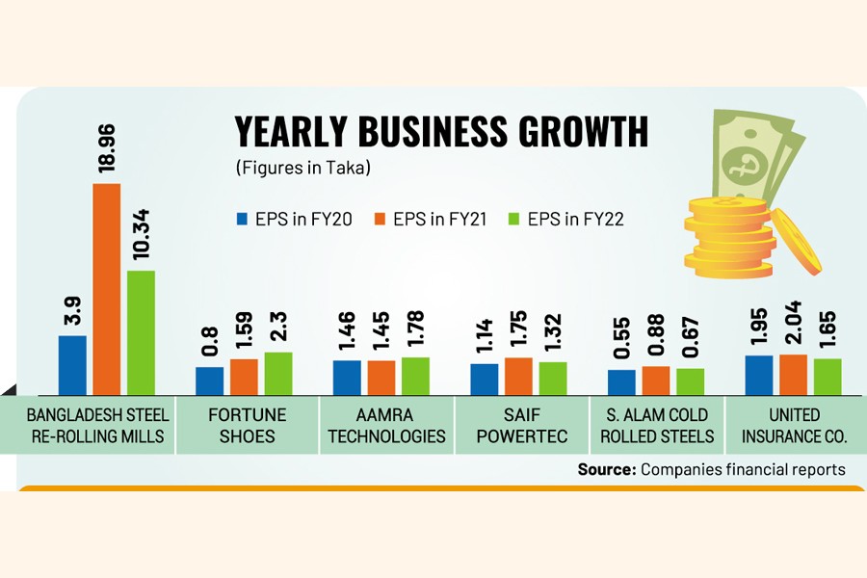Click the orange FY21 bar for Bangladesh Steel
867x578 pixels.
[106, 289]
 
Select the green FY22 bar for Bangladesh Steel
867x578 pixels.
[141, 332]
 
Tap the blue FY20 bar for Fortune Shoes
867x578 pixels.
[209, 381]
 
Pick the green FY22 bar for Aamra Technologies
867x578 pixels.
[415, 376]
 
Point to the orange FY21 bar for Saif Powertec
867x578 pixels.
[518, 376]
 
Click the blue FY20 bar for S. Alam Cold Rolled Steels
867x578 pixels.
[621, 382]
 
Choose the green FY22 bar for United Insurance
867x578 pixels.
[828, 377]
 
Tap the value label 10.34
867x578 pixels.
[142, 237]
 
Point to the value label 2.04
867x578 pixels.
[794, 323]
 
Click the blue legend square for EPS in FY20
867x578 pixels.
[243, 219]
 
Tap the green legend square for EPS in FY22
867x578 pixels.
[514, 219]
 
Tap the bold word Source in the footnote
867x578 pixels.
[604, 469]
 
